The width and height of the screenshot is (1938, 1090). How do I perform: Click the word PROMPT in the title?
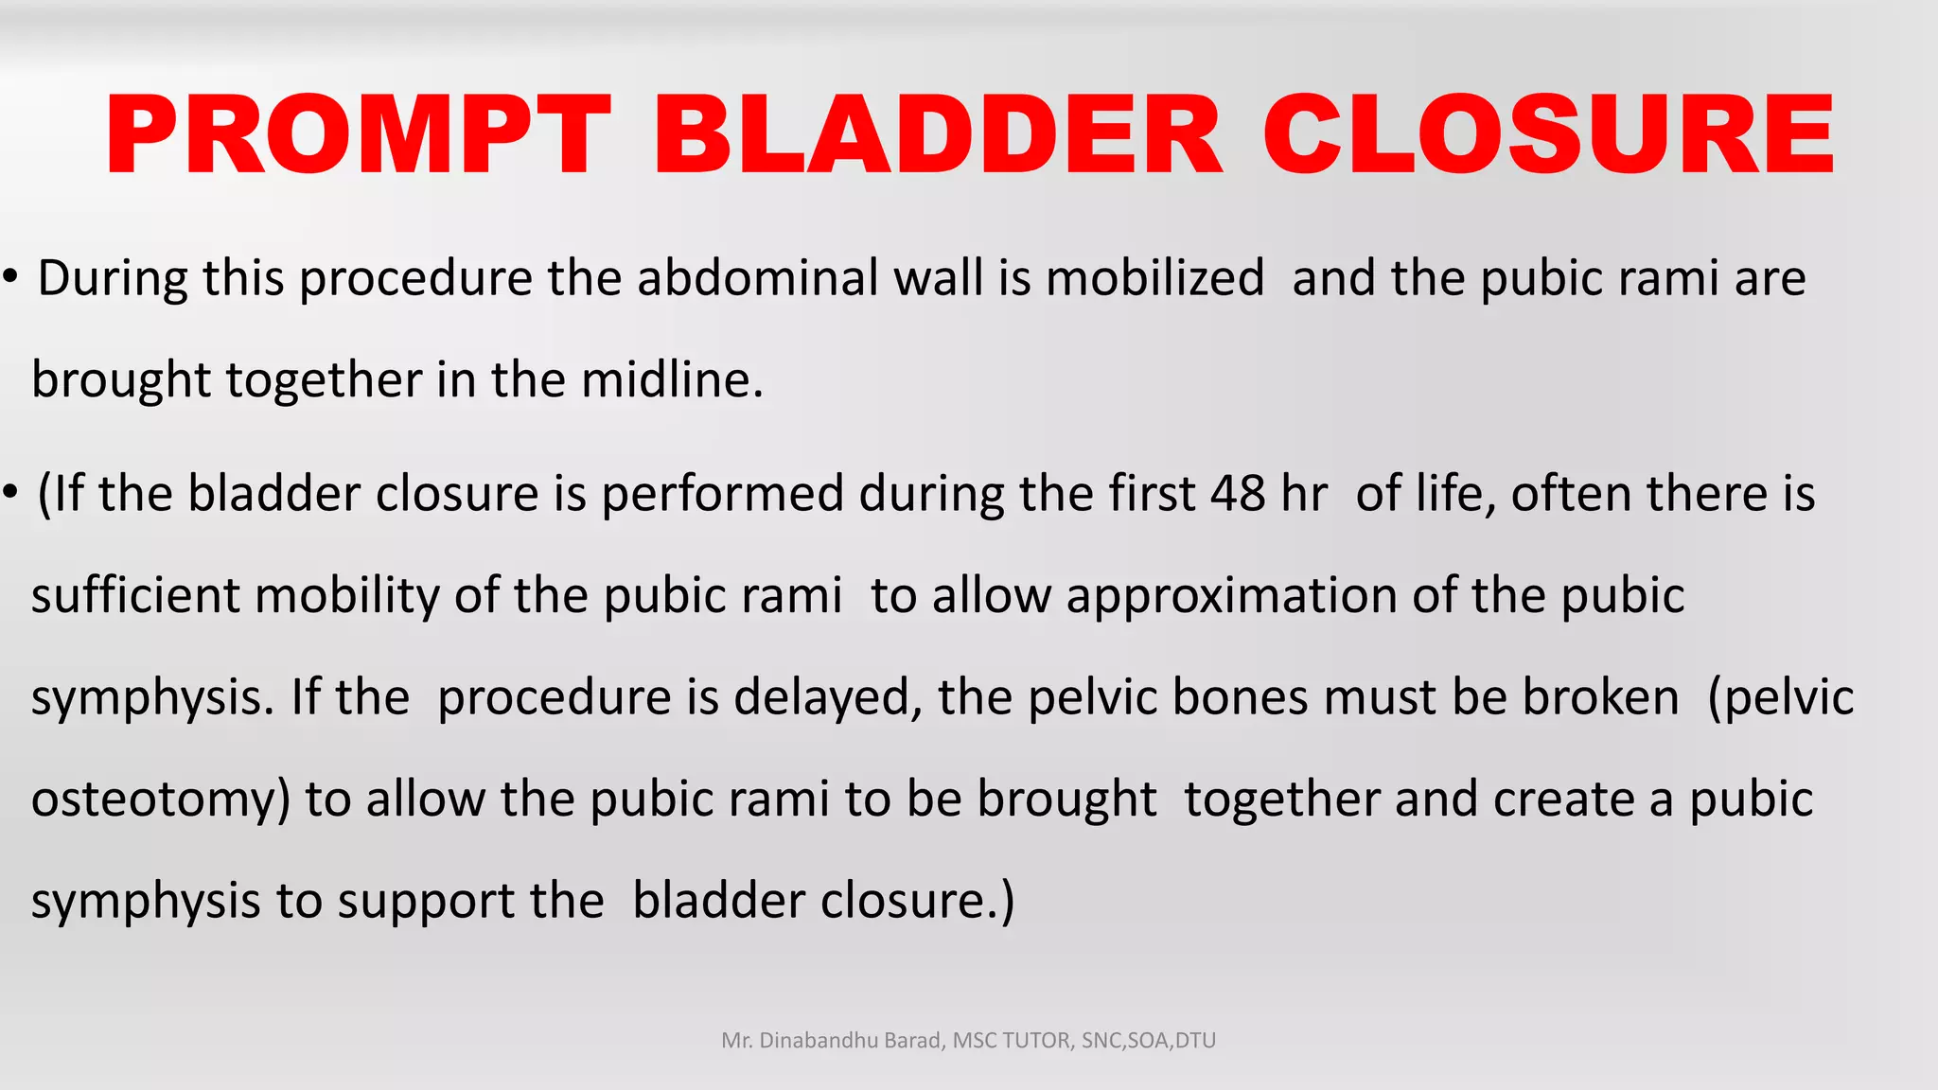(358, 135)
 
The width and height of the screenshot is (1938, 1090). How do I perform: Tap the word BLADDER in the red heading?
(938, 135)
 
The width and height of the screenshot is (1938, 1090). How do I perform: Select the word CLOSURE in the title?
(1548, 135)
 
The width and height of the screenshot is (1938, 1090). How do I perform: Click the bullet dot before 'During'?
(11, 278)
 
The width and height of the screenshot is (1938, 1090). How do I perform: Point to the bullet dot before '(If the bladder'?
(11, 493)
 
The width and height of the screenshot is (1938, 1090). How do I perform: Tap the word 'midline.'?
(672, 379)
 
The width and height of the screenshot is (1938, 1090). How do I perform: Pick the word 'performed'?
(722, 494)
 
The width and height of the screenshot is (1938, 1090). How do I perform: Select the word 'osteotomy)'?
(160, 799)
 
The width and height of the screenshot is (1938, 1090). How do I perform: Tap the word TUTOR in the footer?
(1035, 1041)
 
